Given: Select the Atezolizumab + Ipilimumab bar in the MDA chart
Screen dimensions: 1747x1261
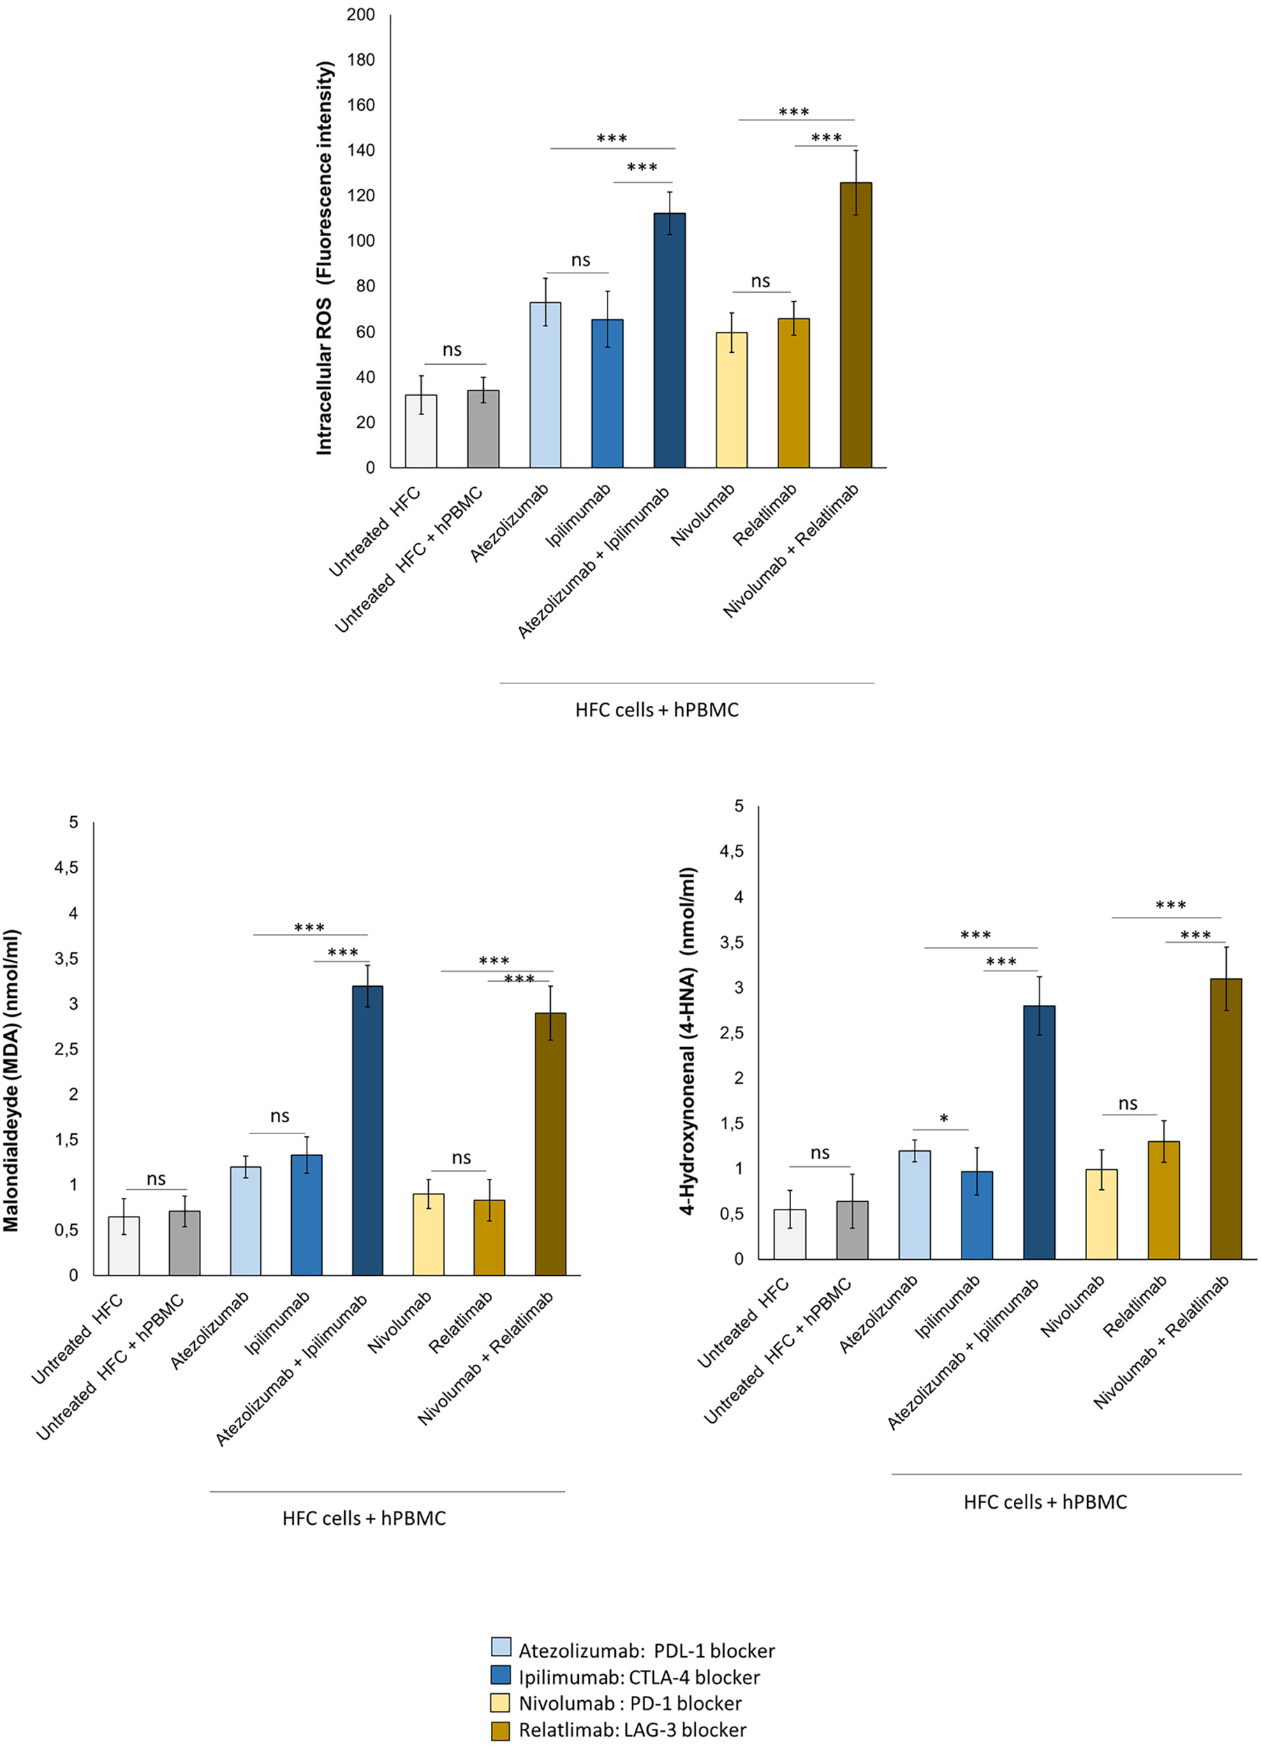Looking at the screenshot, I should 367,1132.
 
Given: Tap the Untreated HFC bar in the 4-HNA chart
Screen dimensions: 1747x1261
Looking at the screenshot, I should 790,1235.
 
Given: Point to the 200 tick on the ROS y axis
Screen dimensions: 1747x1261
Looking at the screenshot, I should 360,15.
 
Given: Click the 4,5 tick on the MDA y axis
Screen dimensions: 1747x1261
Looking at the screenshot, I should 66,868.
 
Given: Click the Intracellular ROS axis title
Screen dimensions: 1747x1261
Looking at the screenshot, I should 325,258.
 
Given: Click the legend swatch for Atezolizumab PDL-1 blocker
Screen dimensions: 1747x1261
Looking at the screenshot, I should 501,1649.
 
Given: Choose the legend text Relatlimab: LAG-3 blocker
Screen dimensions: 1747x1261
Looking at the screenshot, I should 632,1730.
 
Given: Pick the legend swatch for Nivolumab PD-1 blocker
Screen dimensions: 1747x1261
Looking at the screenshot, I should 501,1702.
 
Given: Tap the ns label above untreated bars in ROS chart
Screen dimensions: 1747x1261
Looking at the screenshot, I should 452,351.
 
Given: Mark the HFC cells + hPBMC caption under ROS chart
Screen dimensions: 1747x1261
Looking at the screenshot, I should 656,710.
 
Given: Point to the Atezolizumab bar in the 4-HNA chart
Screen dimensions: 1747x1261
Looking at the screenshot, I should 915,1206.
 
